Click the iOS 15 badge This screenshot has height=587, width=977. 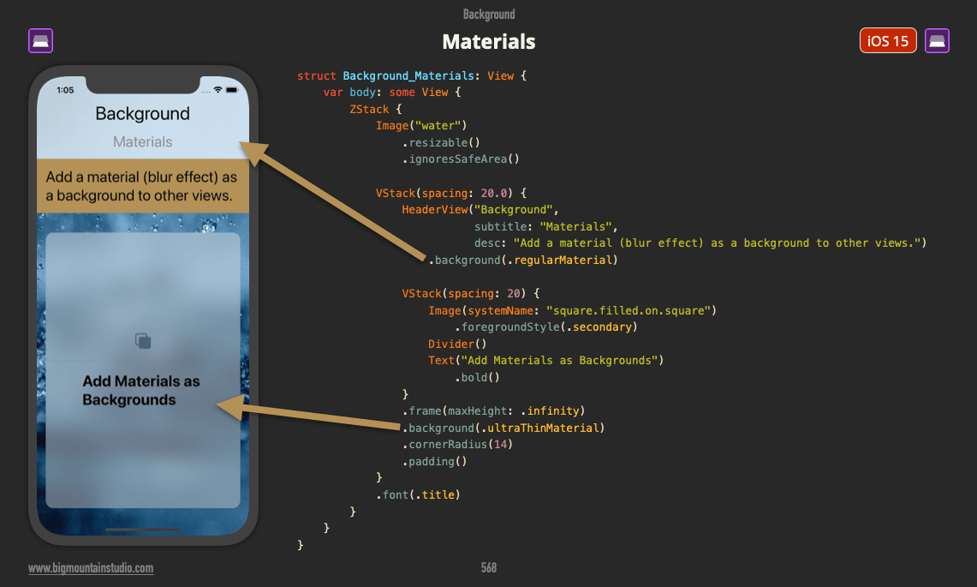pyautogui.click(x=888, y=41)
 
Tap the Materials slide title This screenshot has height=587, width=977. pyautogui.click(x=488, y=41)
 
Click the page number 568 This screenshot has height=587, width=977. pyautogui.click(x=488, y=567)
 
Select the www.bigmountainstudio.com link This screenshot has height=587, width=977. pyautogui.click(x=91, y=568)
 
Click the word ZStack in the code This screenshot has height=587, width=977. pyautogui.click(x=368, y=109)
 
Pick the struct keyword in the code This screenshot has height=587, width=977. pyautogui.click(x=317, y=75)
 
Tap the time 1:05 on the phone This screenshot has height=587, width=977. pyautogui.click(x=65, y=90)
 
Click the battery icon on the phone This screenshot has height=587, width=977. pyautogui.click(x=233, y=90)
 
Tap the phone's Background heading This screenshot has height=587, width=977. pyautogui.click(x=142, y=114)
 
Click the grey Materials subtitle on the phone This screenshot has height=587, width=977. pyautogui.click(x=142, y=142)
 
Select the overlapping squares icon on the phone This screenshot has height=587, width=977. pyautogui.click(x=143, y=341)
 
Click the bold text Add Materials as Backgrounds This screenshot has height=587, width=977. pyautogui.click(x=141, y=391)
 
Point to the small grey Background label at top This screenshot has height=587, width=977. pyautogui.click(x=488, y=15)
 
